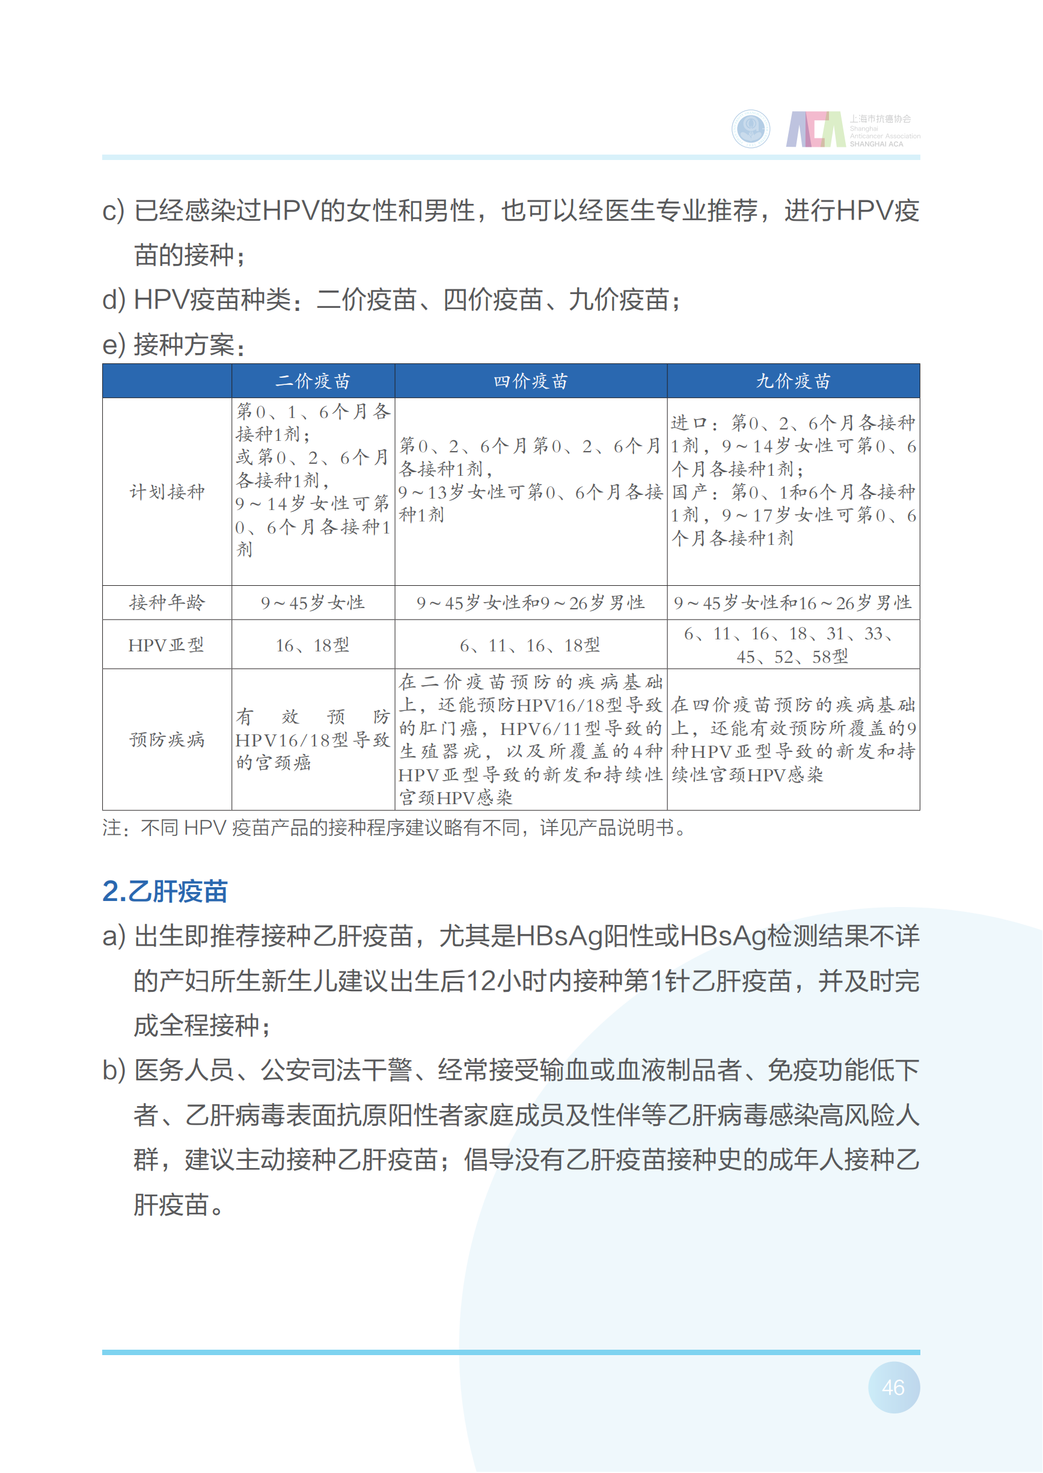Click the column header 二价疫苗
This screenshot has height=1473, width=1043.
click(x=313, y=381)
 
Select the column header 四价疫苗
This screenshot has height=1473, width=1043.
click(x=530, y=381)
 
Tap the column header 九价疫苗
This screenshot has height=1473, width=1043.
click(x=793, y=381)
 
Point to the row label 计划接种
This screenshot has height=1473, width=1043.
click(x=167, y=491)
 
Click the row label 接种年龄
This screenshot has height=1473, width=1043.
click(x=167, y=602)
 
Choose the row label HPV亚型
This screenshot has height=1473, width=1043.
click(x=167, y=644)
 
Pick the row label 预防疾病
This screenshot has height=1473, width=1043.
click(x=167, y=739)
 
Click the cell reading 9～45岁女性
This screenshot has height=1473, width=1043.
click(x=313, y=603)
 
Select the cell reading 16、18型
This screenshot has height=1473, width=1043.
click(x=313, y=645)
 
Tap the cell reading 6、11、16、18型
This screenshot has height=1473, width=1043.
click(x=530, y=645)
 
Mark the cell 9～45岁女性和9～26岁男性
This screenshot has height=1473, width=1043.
click(x=530, y=603)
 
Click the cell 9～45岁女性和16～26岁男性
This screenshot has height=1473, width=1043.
click(x=793, y=603)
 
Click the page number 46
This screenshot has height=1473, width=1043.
click(x=893, y=1387)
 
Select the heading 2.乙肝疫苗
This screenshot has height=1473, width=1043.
click(x=165, y=891)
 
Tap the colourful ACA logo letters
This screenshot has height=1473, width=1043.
click(x=816, y=129)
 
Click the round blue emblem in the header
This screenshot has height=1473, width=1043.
click(x=751, y=129)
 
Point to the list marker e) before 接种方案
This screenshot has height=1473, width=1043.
click(x=114, y=345)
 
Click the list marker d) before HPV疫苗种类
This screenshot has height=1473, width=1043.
click(x=114, y=300)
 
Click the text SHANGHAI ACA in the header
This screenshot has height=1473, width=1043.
click(x=876, y=144)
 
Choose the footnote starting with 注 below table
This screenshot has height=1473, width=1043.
click(x=395, y=828)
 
